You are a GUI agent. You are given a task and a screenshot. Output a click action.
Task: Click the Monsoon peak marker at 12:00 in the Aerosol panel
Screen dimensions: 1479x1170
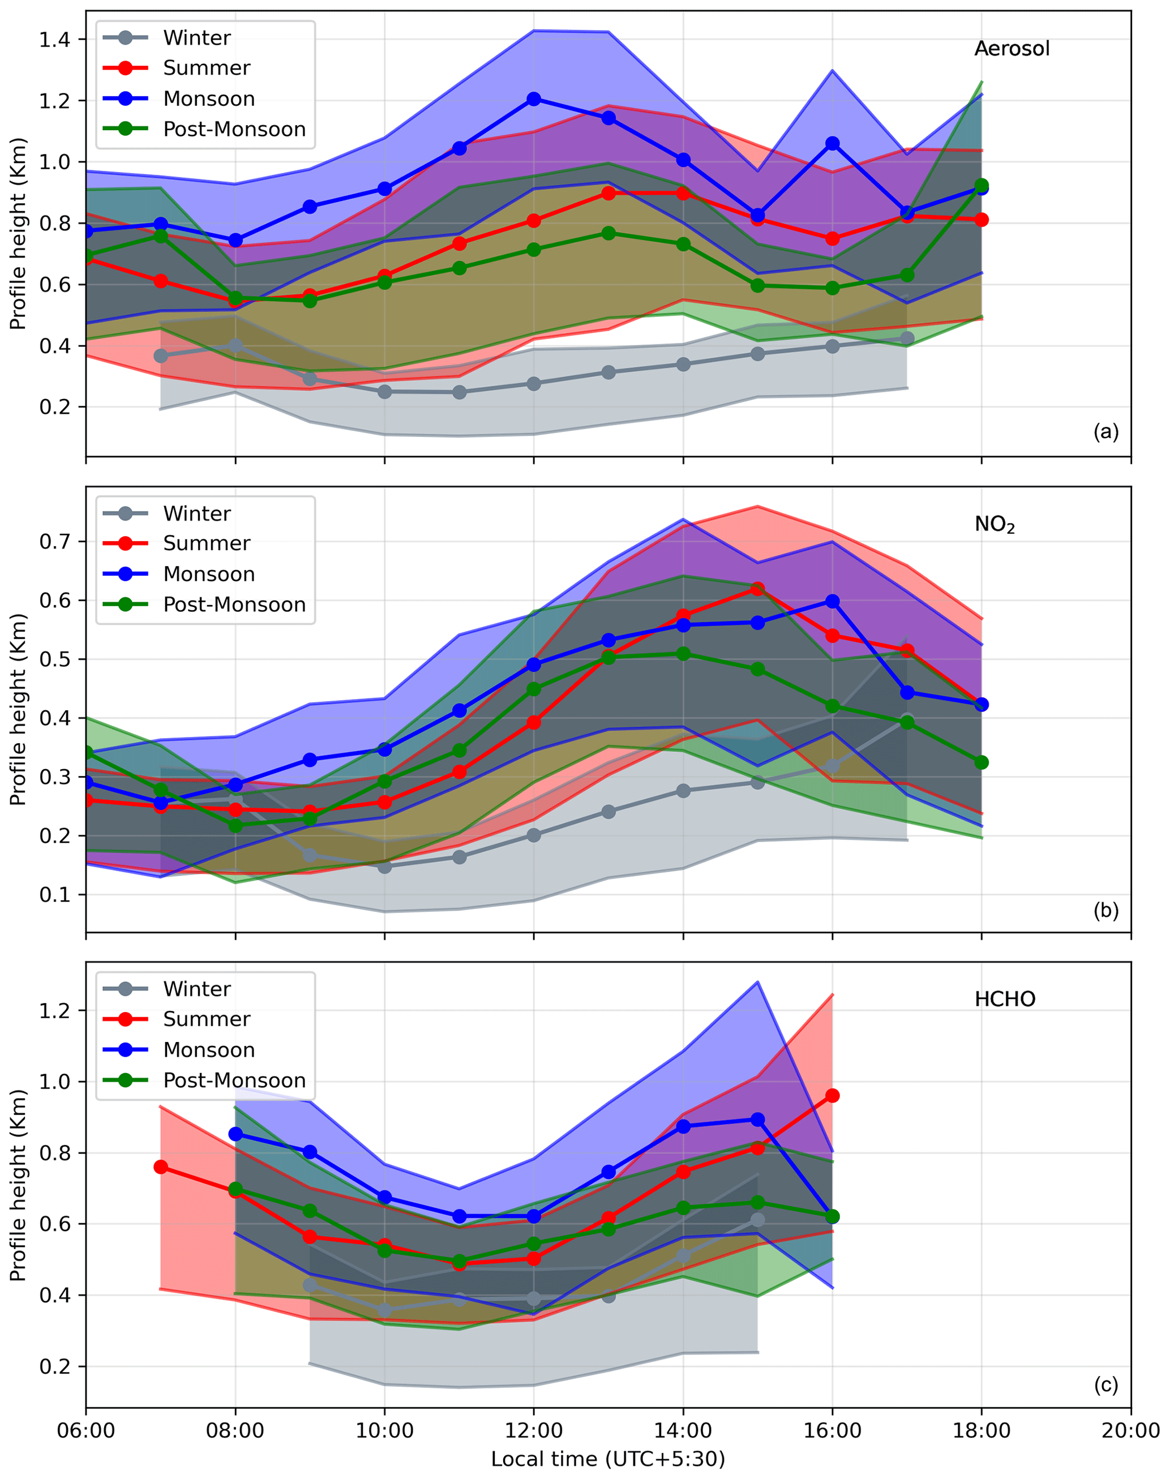pyautogui.click(x=534, y=99)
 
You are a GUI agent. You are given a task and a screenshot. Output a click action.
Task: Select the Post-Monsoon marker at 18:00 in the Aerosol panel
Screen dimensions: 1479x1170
pyautogui.click(x=981, y=185)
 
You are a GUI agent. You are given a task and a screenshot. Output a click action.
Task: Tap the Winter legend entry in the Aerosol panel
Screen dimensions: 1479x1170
pyautogui.click(x=196, y=38)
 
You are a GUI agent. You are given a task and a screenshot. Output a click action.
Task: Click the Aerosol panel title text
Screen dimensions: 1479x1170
pyautogui.click(x=1011, y=49)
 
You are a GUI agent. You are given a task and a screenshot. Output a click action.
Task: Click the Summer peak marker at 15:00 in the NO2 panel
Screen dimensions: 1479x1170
pyautogui.click(x=757, y=589)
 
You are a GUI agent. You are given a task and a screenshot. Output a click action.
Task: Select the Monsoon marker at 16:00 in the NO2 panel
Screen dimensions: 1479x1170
pyautogui.click(x=832, y=601)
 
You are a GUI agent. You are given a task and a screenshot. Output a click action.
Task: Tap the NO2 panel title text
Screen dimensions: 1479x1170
pyautogui.click(x=994, y=525)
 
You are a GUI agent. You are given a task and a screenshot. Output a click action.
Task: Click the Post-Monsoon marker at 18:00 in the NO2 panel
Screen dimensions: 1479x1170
pyautogui.click(x=981, y=762)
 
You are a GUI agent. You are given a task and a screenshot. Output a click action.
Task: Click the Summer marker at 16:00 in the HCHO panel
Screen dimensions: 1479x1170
pyautogui.click(x=832, y=1096)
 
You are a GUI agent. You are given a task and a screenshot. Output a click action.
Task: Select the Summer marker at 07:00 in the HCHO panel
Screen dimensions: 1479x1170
pyautogui.click(x=161, y=1167)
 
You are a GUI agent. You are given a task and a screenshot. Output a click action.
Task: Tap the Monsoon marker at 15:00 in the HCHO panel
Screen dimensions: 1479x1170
pyautogui.click(x=757, y=1120)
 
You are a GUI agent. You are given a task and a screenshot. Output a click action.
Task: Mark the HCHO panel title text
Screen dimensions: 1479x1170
pyautogui.click(x=1004, y=1000)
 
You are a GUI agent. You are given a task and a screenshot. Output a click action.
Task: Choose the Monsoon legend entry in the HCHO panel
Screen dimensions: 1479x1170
pyautogui.click(x=208, y=1050)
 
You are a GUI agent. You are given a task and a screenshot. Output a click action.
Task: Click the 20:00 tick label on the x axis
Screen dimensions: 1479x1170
pyautogui.click(x=1130, y=1431)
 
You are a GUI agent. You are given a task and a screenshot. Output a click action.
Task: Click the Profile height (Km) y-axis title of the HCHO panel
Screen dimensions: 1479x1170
pyautogui.click(x=19, y=1185)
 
